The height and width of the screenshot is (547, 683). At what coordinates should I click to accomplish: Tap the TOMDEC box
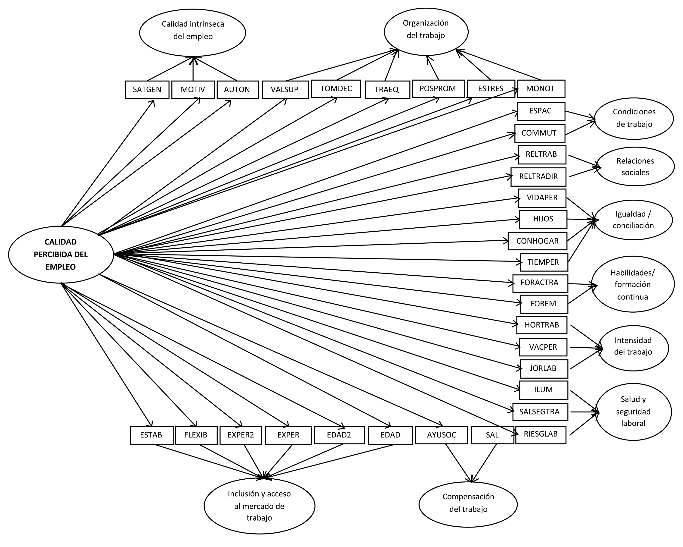pos(336,88)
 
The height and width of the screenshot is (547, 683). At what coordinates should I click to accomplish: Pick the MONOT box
pos(541,88)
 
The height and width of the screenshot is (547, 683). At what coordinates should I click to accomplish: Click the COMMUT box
pos(540,133)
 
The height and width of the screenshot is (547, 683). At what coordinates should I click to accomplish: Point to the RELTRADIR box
pos(538,177)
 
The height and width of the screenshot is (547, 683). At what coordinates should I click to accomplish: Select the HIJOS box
pos(543,219)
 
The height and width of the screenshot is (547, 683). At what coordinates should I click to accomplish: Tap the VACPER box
pos(543,347)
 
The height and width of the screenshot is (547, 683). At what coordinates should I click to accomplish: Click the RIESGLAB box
pos(541,434)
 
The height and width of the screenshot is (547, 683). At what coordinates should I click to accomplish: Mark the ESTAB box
pos(152,435)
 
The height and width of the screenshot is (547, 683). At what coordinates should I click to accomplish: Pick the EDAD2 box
pos(339,435)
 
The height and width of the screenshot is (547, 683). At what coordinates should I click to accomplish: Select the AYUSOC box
pos(442,435)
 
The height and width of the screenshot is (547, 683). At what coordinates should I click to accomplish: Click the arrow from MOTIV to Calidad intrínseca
pos(193,69)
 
